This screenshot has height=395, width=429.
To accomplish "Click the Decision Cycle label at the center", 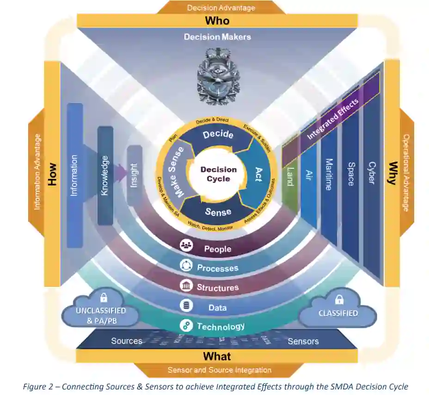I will pos(218,174).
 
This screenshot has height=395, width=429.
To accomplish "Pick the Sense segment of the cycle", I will pos(218,212).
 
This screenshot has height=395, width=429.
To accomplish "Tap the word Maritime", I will pos(329,174).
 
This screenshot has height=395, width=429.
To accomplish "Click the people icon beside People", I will pos(186,245).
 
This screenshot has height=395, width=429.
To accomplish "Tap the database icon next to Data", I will pos(186,305).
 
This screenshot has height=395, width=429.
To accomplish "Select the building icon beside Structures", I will pos(186,286).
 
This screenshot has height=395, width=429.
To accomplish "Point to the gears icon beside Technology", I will pos(186,325).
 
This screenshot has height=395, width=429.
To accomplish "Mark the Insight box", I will pos(134,176).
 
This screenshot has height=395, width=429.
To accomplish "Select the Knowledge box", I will pos(105,176).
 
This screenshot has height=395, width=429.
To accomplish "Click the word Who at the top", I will pos(217,20).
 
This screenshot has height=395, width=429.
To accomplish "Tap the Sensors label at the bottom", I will pos(303,341).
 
